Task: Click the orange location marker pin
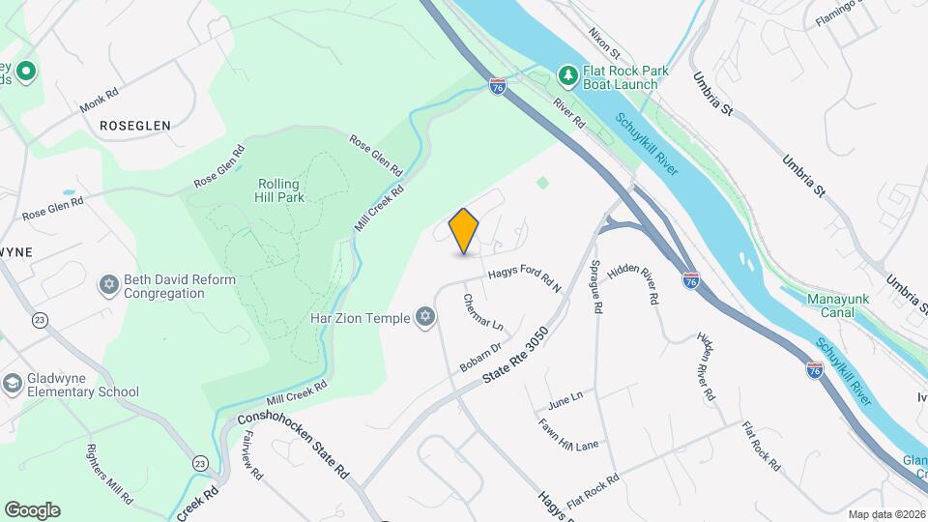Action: pos(464,231)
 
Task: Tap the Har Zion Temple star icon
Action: pos(424,317)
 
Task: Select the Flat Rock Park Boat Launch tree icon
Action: pos(568,75)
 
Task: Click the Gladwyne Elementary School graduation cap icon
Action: pos(13,384)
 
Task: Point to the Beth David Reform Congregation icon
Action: pos(109,286)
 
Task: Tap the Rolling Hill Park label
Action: pos(278,191)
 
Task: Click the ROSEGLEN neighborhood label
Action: pos(134,126)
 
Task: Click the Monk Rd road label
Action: pos(99,97)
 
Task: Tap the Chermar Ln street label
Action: pos(483,310)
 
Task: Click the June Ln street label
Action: pos(565,397)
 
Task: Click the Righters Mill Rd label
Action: pos(108,474)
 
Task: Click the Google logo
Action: pos(32,509)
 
